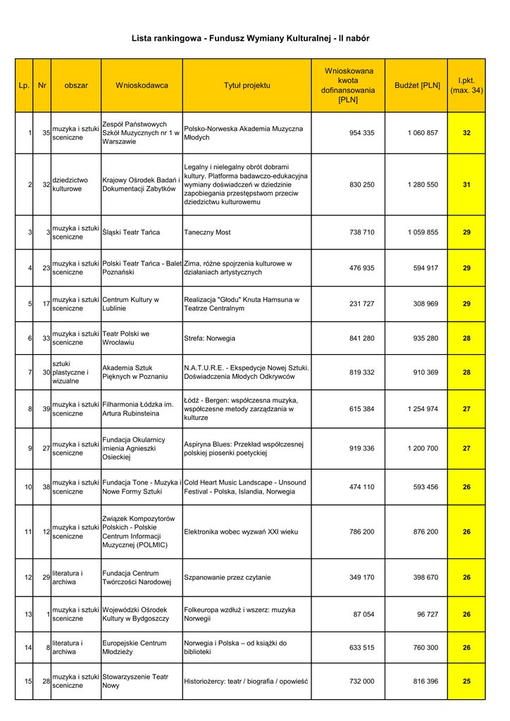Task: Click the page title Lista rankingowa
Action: tap(250, 38)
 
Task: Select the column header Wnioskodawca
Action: tap(142, 85)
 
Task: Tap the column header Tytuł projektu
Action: tap(247, 85)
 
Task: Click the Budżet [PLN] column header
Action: tap(417, 85)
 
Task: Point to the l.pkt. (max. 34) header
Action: tap(466, 85)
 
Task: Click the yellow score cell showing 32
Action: tap(466, 133)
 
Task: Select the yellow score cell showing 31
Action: tap(466, 184)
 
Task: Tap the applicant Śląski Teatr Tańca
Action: tap(131, 232)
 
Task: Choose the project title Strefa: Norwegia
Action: tap(210, 338)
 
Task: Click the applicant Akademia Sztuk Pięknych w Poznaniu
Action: tap(135, 372)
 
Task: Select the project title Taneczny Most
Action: tap(207, 232)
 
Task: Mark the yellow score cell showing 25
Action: tap(466, 681)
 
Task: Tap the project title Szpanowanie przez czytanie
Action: tap(227, 577)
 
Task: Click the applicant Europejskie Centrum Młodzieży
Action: tap(135, 647)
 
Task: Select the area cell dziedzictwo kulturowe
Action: tap(67, 184)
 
